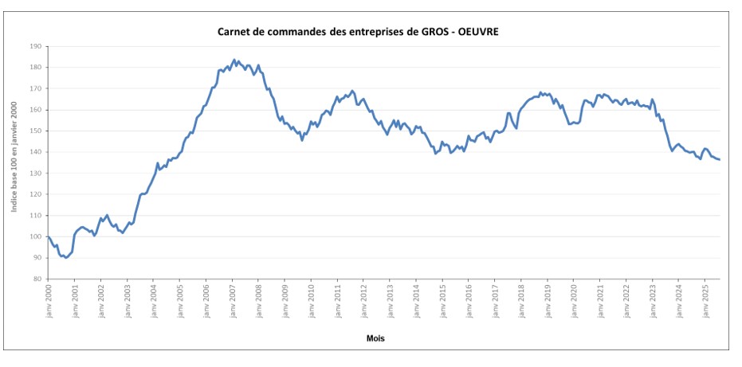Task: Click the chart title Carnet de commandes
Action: click(x=360, y=32)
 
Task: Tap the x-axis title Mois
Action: click(x=375, y=338)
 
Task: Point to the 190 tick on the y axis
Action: click(x=35, y=46)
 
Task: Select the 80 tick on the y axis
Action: click(x=37, y=279)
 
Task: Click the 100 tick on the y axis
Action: click(x=35, y=236)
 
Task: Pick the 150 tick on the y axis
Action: click(x=35, y=131)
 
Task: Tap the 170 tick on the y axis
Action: click(x=35, y=88)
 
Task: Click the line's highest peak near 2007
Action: click(x=234, y=60)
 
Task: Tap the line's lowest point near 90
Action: click(x=66, y=258)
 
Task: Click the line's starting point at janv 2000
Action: click(x=48, y=236)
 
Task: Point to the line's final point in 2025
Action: click(x=720, y=160)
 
